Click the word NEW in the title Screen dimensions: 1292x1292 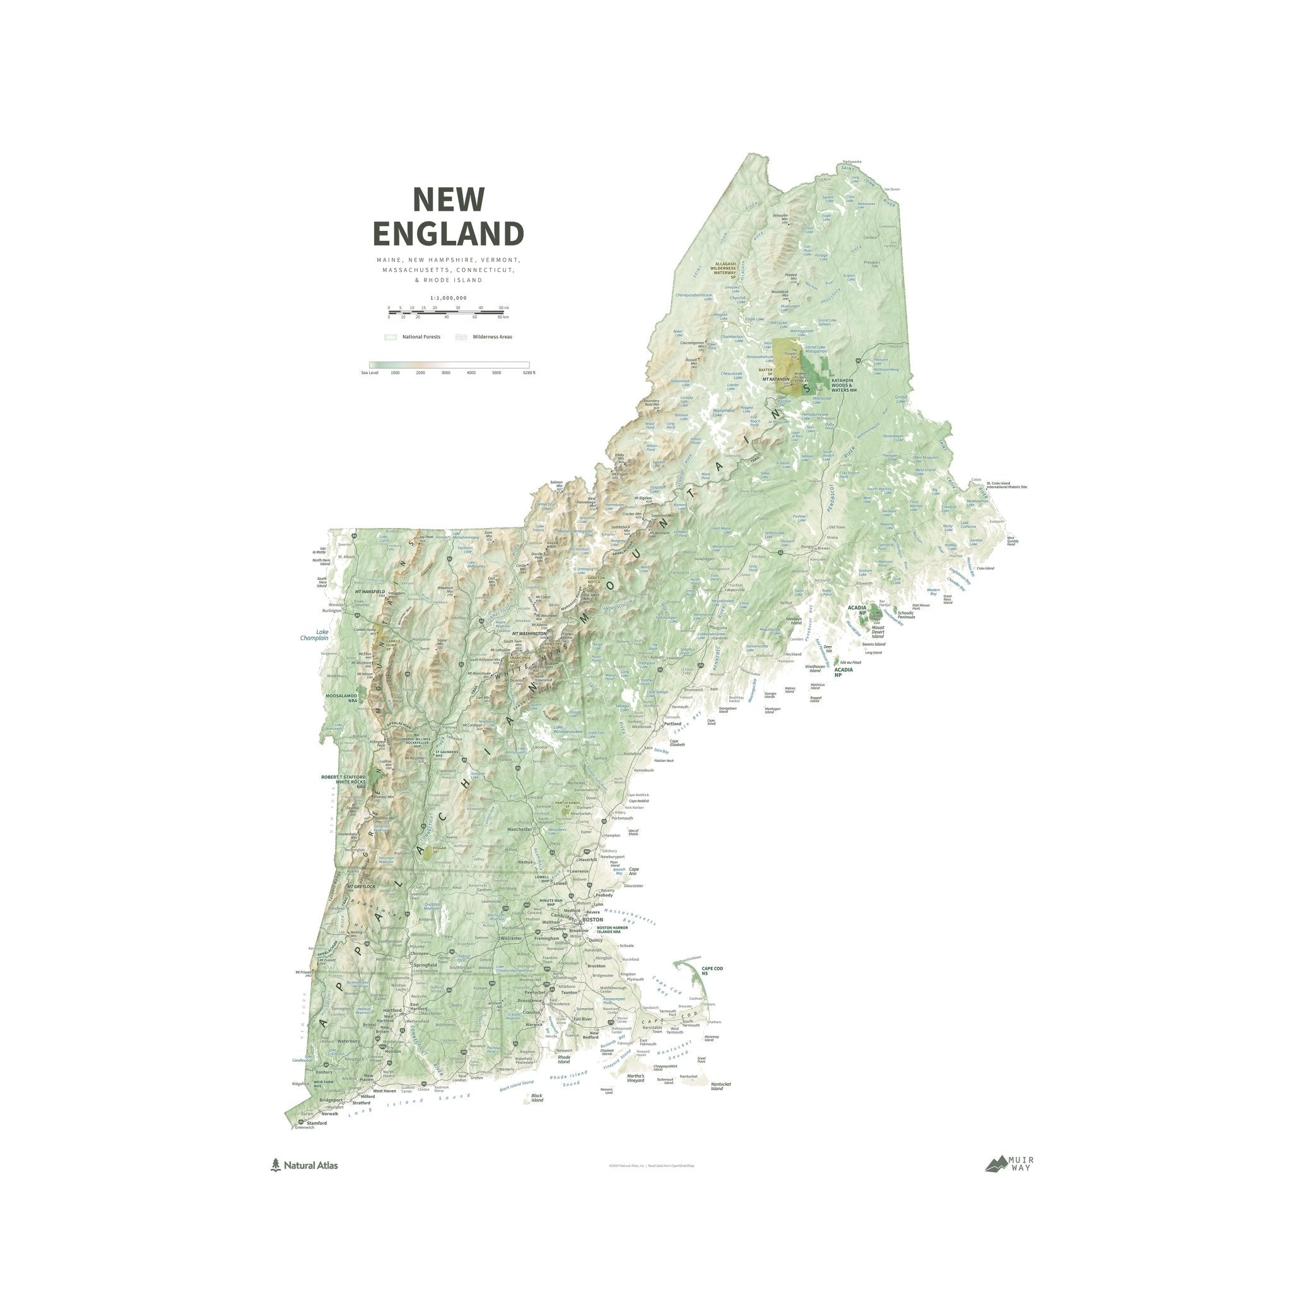pyautogui.click(x=448, y=199)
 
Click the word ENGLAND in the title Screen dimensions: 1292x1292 pyautogui.click(x=448, y=234)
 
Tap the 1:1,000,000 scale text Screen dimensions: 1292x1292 pyautogui.click(x=448, y=298)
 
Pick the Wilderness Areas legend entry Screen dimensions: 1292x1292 pyautogui.click(x=491, y=337)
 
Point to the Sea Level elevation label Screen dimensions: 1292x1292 pyautogui.click(x=370, y=372)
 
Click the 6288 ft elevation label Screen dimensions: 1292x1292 pyautogui.click(x=529, y=372)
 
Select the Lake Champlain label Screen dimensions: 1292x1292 pyautogui.click(x=314, y=635)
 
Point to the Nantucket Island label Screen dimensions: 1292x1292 pyautogui.click(x=721, y=1086)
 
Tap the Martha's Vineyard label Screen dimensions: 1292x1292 pyautogui.click(x=635, y=1078)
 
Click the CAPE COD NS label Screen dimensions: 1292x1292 pyautogui.click(x=712, y=970)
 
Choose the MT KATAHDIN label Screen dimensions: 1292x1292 pyautogui.click(x=777, y=379)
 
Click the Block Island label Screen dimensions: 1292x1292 pyautogui.click(x=537, y=1098)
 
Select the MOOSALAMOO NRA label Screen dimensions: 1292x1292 pyautogui.click(x=342, y=698)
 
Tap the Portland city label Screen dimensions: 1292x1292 pyautogui.click(x=672, y=724)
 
